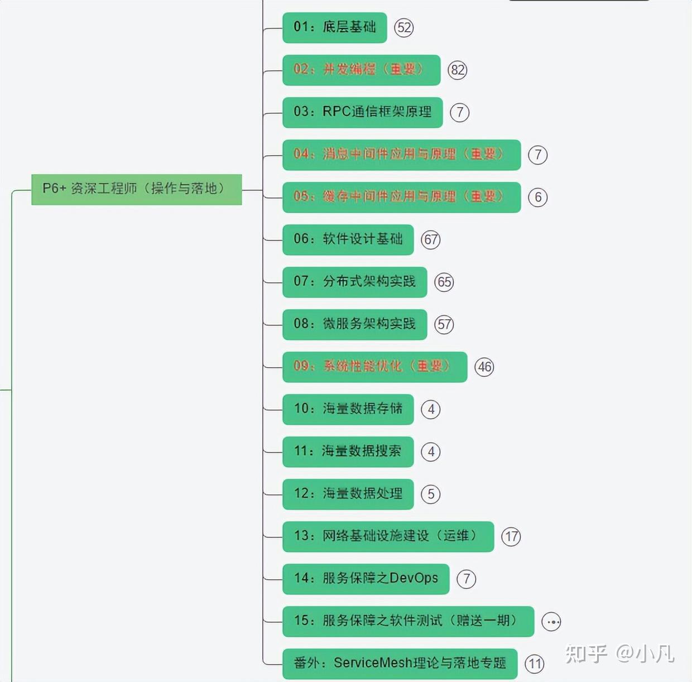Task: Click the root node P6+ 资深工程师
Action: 136,189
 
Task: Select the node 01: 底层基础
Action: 334,27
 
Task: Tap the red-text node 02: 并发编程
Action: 361,70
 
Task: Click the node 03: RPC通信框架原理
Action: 362,112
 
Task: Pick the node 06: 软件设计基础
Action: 348,239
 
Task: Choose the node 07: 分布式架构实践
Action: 354,282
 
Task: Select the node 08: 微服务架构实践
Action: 354,324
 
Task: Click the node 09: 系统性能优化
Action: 374,367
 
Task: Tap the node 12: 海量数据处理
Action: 348,494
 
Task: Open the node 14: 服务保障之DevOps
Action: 366,579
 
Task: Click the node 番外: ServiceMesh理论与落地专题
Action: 400,664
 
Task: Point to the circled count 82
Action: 458,70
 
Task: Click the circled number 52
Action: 404,28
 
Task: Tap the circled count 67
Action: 431,240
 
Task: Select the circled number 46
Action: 484,367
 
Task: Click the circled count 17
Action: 511,537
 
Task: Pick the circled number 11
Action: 535,664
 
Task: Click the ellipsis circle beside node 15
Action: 551,622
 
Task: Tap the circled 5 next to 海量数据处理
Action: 431,494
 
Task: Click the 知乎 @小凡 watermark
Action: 619,654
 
